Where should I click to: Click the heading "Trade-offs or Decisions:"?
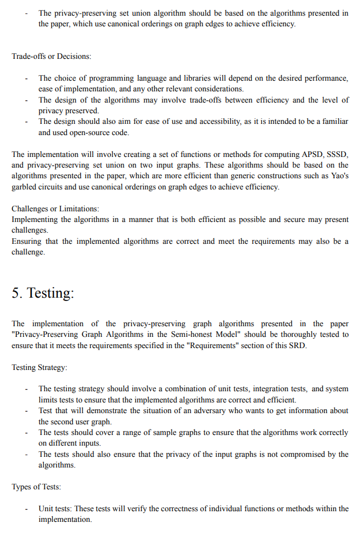[52, 57]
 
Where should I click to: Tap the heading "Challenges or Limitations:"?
[55, 209]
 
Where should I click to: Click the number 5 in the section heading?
[16, 293]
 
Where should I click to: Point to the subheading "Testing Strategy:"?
[40, 367]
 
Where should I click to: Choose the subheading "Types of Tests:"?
[36, 487]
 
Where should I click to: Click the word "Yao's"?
[338, 176]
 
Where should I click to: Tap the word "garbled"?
[25, 187]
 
